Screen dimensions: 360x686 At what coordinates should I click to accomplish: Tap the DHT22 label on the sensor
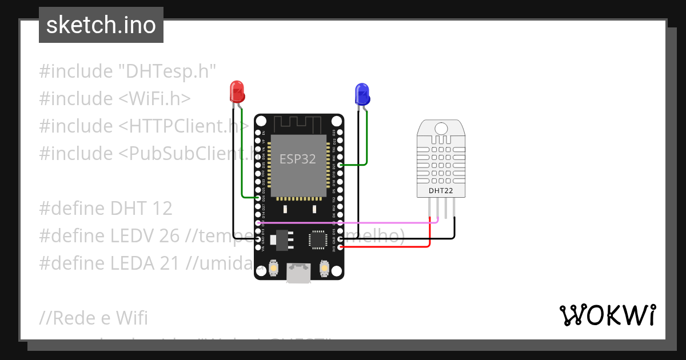[440, 191]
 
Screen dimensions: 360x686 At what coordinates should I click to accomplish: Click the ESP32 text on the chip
[297, 159]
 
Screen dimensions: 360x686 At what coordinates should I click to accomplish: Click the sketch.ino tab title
[101, 25]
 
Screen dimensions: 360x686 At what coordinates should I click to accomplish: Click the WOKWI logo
[607, 315]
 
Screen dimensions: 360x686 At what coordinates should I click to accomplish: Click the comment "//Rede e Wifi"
[94, 318]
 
